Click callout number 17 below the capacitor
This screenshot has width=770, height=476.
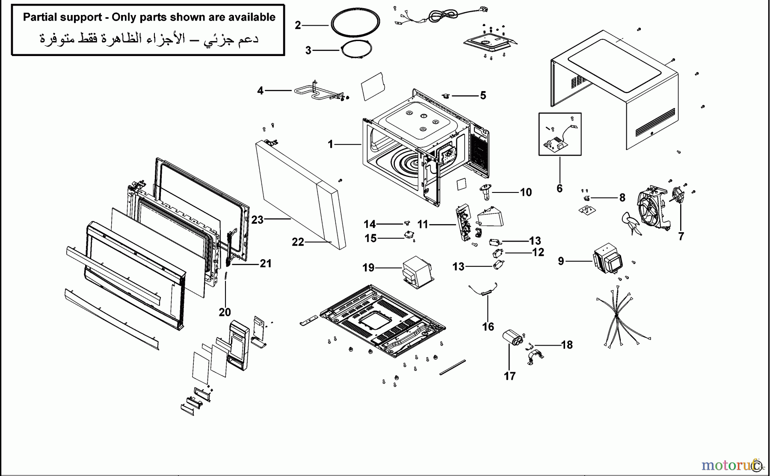click(509, 376)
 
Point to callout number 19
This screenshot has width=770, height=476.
click(368, 268)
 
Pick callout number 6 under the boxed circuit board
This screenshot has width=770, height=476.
click(560, 189)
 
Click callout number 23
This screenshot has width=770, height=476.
click(257, 220)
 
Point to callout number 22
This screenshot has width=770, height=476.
click(298, 242)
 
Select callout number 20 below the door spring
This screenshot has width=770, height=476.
click(225, 313)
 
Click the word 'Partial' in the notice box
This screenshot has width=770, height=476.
click(40, 17)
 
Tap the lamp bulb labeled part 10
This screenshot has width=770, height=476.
click(487, 192)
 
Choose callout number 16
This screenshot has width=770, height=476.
click(488, 327)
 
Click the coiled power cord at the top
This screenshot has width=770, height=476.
click(441, 15)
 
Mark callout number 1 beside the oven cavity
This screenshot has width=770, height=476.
click(330, 145)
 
